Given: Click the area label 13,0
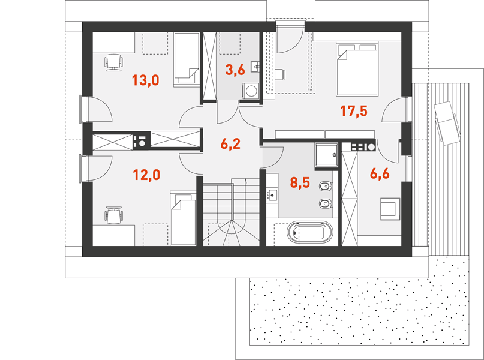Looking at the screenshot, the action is pos(145,80).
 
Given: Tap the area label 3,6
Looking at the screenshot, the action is pos(235,70).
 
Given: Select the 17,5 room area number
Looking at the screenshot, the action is pos(354,111).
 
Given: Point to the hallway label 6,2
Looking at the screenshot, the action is pos(230,144).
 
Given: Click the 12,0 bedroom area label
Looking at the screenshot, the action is pos(146,175).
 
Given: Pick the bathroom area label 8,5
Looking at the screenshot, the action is pos(300,182).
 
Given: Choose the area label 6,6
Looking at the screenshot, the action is pos(380,174).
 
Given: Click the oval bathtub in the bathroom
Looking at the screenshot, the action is pos(310,232).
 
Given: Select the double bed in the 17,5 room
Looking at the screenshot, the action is pos(357,69).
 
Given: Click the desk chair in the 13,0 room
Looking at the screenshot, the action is pos(113,62).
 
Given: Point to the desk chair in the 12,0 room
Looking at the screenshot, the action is pos(113,215).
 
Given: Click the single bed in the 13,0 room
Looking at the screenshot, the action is pos(187,59).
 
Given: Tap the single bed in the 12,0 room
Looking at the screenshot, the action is pos(183,218).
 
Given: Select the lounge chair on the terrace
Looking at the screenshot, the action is pos(447,122).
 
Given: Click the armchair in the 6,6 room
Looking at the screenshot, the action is pos(390,209).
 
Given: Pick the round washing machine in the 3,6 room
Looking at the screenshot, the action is pos(251,91).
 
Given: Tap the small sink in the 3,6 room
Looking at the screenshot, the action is pos(255,67).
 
